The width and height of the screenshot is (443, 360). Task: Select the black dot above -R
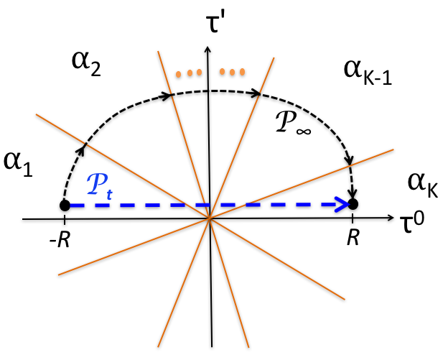point(65,206)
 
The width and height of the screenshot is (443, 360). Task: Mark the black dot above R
point(353,205)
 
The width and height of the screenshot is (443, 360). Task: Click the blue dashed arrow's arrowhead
point(344,206)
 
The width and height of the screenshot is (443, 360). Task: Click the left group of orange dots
point(187,73)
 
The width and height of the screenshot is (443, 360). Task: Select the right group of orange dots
point(233,72)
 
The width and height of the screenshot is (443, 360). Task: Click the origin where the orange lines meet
point(209,217)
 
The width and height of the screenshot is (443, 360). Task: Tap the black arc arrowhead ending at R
point(353,193)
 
